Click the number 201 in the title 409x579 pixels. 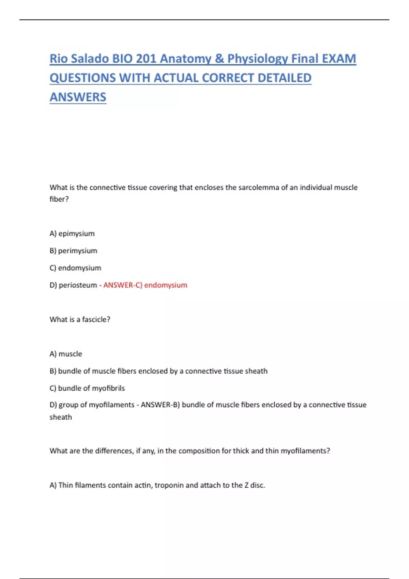(x=146, y=59)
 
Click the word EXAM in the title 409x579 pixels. (x=339, y=59)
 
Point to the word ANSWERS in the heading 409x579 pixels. (x=78, y=97)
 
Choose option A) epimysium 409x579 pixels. (x=72, y=234)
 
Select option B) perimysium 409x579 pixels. (x=73, y=251)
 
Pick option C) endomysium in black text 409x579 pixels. (x=75, y=268)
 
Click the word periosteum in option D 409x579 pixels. (x=78, y=285)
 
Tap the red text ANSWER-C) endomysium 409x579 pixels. (x=145, y=285)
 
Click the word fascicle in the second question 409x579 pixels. (x=94, y=319)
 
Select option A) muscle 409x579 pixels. (x=66, y=354)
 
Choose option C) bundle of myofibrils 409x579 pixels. (x=87, y=388)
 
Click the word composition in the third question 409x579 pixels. (x=199, y=451)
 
